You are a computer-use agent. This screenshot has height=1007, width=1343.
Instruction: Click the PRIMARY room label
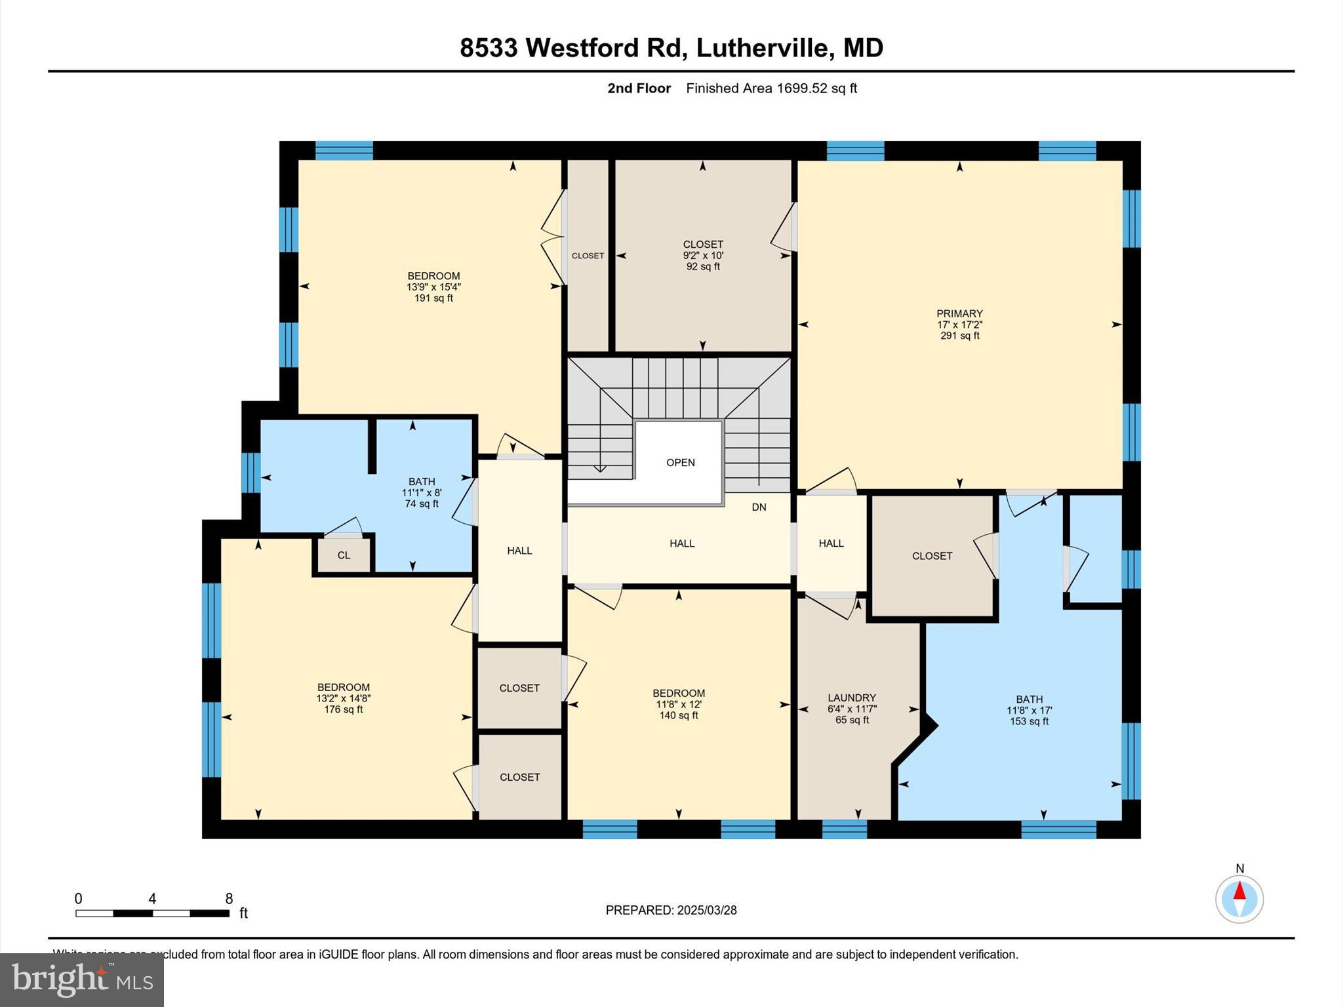pos(959,313)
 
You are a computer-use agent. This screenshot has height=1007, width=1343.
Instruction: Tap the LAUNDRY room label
pos(851,698)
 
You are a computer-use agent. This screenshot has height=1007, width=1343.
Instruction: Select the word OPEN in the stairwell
pos(680,462)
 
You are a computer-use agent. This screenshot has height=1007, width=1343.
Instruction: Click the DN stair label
pos(759,507)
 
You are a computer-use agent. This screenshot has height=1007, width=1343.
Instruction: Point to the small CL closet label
pos(344,555)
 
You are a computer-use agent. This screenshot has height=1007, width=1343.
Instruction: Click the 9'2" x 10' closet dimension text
pos(702,256)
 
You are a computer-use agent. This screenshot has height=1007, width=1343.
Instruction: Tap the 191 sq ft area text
pos(433,298)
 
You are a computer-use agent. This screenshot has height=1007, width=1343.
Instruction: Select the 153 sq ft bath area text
pos(1029,721)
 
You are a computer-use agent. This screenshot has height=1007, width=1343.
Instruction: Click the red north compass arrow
pos(1239,891)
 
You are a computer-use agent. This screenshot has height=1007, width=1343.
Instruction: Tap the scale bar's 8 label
pos(229,899)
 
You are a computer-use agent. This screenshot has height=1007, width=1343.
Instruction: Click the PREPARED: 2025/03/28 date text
pos(671,910)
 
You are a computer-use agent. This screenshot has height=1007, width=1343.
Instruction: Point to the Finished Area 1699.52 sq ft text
pos(771,89)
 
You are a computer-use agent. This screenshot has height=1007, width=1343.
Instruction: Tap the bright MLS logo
pos(81,979)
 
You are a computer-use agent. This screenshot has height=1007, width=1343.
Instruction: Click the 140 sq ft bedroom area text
pos(678,715)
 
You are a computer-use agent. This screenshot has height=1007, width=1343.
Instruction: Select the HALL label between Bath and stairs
pos(519,551)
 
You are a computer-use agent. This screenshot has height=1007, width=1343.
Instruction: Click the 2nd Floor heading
pos(639,89)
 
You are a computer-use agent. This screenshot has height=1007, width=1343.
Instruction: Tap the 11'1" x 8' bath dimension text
pos(422,493)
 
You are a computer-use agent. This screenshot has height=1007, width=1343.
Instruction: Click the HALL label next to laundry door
pos(831,543)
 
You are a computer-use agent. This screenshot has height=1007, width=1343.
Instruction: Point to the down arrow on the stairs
pos(600,467)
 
